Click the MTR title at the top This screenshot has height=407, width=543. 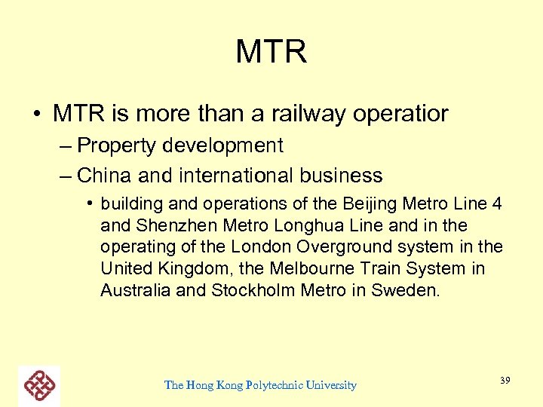271,53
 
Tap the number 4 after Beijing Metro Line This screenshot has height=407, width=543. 498,204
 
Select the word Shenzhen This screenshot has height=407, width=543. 171,225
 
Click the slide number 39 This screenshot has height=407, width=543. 505,381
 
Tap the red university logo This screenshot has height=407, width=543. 39,385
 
